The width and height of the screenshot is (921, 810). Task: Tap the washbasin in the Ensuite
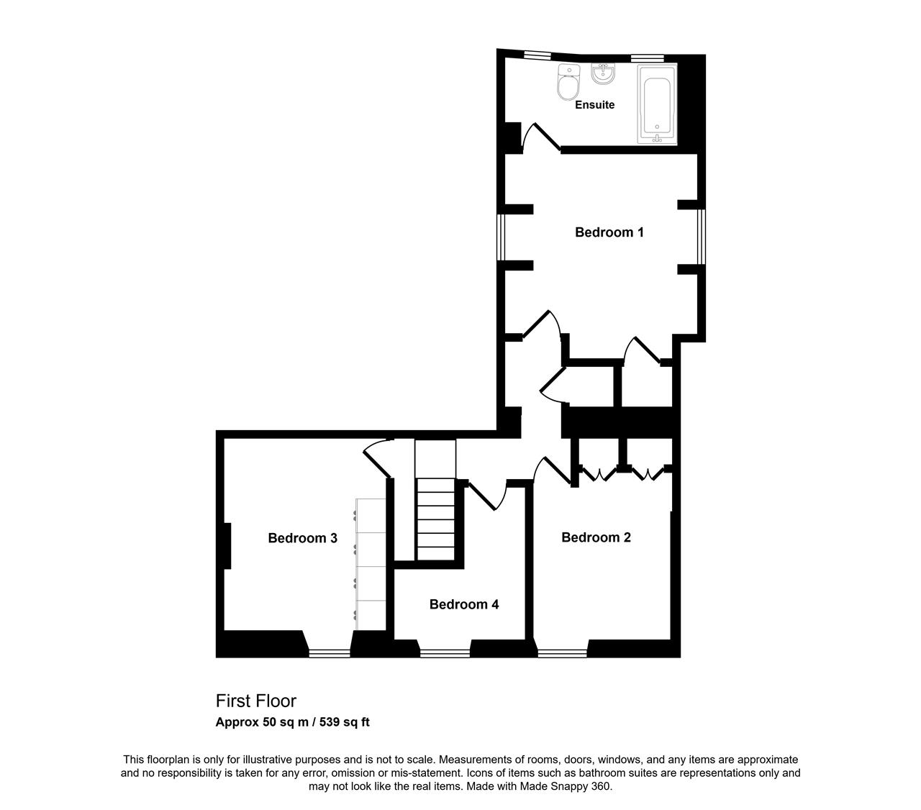[x=603, y=73]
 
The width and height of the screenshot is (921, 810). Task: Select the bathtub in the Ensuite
[x=657, y=104]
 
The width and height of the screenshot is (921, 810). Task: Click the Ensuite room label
[x=594, y=105]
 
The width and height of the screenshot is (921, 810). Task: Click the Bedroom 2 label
[x=596, y=537]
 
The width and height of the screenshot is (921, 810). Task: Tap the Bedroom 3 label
[x=302, y=538]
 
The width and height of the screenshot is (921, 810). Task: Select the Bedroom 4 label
[x=463, y=604]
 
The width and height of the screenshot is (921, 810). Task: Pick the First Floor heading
[x=256, y=701]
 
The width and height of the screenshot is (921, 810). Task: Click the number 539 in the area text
[x=329, y=722]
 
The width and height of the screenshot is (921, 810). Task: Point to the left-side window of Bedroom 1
[x=501, y=237]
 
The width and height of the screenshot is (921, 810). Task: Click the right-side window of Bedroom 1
[x=702, y=237]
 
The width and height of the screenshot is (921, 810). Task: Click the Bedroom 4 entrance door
[x=486, y=497]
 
